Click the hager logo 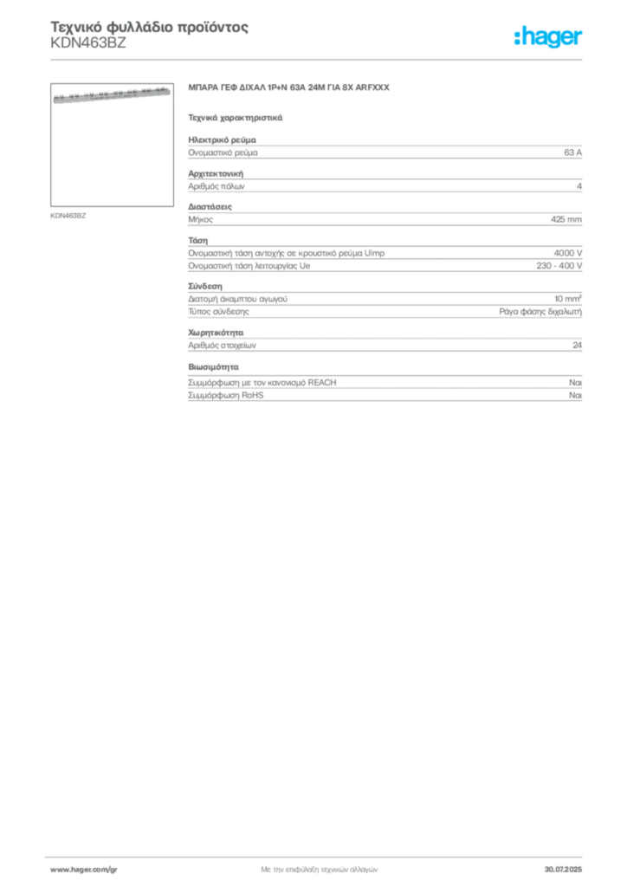click(548, 37)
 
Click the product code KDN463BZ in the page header click(88, 43)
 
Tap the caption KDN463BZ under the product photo click(68, 216)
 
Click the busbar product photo click(112, 95)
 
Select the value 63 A click(572, 152)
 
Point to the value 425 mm click(566, 219)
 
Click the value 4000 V click(567, 254)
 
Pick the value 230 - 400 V click(559, 266)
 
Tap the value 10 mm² click(567, 299)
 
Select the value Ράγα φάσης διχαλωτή click(540, 312)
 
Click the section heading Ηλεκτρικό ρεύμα click(223, 139)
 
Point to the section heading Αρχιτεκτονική click(216, 173)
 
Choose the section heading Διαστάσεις click(210, 207)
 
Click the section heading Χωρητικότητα click(216, 333)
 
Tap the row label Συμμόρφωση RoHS click(225, 395)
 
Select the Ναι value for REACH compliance click(575, 383)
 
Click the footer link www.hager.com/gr click(84, 870)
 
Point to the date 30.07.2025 click(563, 870)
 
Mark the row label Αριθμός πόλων click(217, 186)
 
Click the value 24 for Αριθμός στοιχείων click(577, 345)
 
